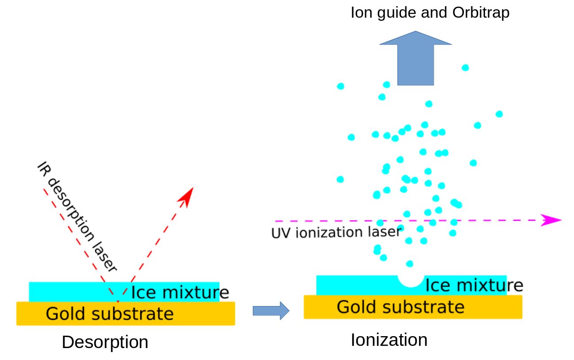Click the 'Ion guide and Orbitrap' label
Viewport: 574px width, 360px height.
coord(430,13)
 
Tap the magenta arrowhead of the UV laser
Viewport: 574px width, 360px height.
coord(551,220)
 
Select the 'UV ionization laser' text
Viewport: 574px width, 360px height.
coord(336,232)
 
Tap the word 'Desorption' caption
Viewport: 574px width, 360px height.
coord(105,342)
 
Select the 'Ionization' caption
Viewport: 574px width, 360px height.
coord(389,340)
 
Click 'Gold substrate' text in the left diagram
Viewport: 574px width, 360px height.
coord(109,314)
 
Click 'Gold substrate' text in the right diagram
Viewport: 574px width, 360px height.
coord(401,306)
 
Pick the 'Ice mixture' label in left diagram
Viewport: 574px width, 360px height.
coord(180,292)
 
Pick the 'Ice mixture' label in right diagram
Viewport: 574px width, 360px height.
coord(474,286)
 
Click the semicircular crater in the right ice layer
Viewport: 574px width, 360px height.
coord(410,280)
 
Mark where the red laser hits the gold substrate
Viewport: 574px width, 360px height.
coord(118,302)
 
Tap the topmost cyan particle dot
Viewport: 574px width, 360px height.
coord(465,68)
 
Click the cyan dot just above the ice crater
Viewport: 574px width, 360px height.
coord(410,264)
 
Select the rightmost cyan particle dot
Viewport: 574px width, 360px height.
coord(499,114)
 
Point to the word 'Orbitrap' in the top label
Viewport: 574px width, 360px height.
coord(481,13)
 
